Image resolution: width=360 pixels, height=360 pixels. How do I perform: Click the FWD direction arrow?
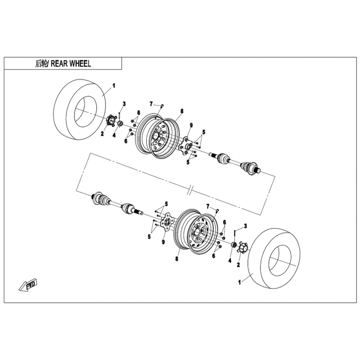pos(28,285)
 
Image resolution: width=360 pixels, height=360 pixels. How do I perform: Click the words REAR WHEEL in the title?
pos(71,63)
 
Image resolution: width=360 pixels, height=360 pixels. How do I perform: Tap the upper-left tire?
pos(80,109)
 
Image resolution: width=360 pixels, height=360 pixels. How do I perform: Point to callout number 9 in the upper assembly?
pos(191,126)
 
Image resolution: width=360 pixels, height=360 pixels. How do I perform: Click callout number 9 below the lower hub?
pos(163,242)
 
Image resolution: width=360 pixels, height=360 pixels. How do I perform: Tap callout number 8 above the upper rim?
pos(182,111)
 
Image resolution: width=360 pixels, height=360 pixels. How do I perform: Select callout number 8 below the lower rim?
pos(176,259)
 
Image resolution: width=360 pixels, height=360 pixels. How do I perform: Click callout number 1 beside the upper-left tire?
pos(113,86)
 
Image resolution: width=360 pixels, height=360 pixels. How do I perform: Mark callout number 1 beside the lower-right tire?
pos(240,283)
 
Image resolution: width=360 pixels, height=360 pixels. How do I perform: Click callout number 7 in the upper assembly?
pos(151,104)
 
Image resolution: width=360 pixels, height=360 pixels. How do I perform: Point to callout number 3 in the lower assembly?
pos(245,226)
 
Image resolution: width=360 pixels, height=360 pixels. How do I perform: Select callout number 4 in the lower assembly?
pos(230,261)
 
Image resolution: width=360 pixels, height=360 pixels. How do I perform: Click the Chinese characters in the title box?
pos(41,63)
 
